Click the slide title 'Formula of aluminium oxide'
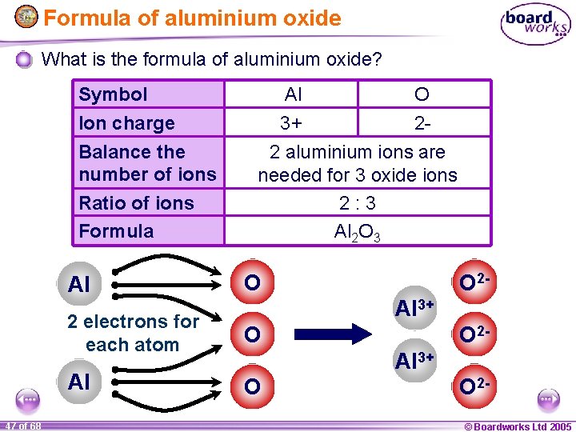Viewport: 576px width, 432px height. pyautogui.click(x=192, y=18)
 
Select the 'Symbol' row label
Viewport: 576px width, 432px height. pyautogui.click(x=114, y=94)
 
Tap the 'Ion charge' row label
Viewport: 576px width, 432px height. pyautogui.click(x=126, y=123)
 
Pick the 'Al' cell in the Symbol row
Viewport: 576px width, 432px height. pyautogui.click(x=293, y=94)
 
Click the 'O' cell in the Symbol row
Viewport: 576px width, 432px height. pyautogui.click(x=422, y=94)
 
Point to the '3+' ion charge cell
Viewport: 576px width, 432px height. pyautogui.click(x=293, y=123)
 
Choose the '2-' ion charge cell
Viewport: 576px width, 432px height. pyautogui.click(x=422, y=123)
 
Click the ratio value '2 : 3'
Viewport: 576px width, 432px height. pyautogui.click(x=357, y=203)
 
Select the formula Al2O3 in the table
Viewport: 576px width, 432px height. pyautogui.click(x=357, y=232)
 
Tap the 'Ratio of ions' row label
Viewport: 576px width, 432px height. pyautogui.click(x=136, y=203)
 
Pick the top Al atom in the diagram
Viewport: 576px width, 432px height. pyautogui.click(x=79, y=284)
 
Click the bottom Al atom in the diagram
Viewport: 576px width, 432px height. pyautogui.click(x=79, y=382)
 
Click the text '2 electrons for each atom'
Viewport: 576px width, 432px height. pyautogui.click(x=133, y=333)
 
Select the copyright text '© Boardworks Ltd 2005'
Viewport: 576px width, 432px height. pyautogui.click(x=518, y=426)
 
